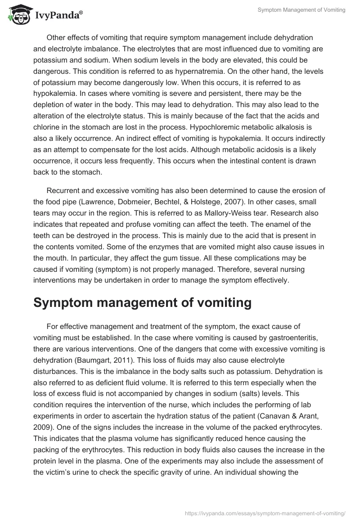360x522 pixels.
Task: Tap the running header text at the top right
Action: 301,10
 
